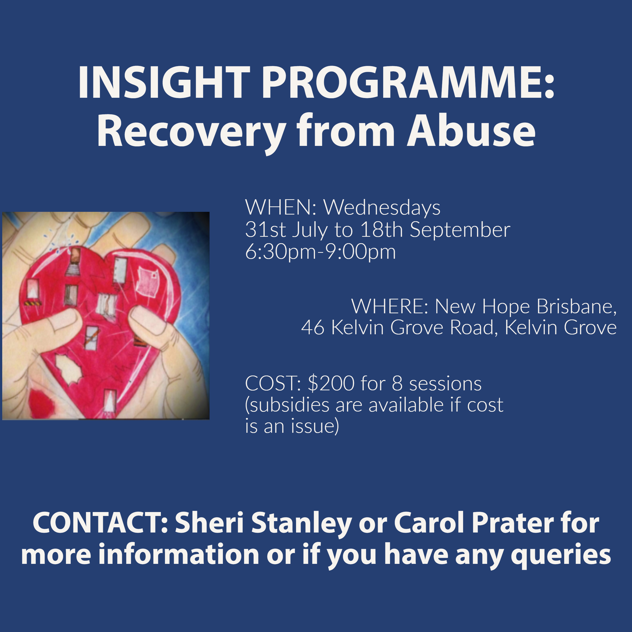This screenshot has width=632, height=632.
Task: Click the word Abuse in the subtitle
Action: tap(471, 131)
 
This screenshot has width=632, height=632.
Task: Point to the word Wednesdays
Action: tap(382, 208)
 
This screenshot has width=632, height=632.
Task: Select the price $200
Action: tap(331, 383)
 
